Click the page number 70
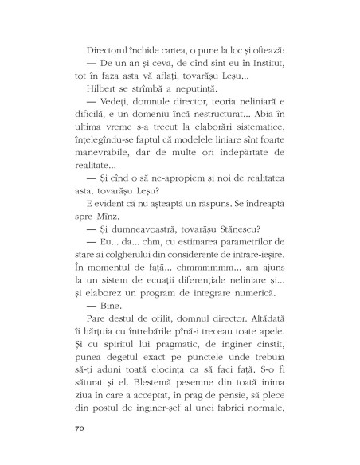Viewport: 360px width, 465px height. [66, 428]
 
